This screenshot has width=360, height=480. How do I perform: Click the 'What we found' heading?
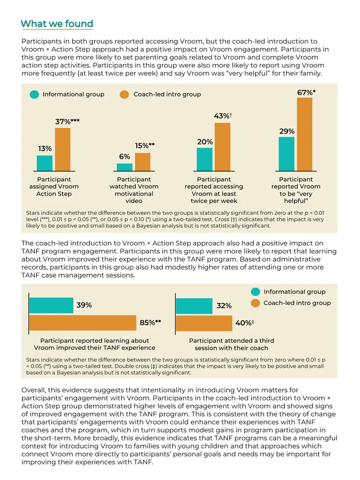pyautogui.click(x=57, y=23)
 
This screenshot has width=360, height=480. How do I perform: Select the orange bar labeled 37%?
pyautogui.click(x=63, y=149)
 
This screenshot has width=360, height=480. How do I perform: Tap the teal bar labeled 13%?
pyautogui.click(x=45, y=163)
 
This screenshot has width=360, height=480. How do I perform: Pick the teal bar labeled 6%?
pyautogui.click(x=125, y=167)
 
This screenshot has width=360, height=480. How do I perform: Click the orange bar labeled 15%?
pyautogui.click(x=143, y=162)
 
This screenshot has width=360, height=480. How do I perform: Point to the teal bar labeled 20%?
pyautogui.click(x=205, y=159)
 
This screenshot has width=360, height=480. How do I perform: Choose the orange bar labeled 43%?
pyautogui.click(x=222, y=147)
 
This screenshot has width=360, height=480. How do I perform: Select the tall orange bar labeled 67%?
pyautogui.click(x=305, y=134)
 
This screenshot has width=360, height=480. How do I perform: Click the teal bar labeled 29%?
pyautogui.click(x=287, y=154)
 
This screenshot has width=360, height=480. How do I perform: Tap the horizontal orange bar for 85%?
pyautogui.click(x=83, y=323)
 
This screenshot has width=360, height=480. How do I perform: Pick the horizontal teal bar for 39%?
pyautogui.click(x=51, y=305)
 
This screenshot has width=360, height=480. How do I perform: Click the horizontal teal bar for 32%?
pyautogui.click(x=194, y=306)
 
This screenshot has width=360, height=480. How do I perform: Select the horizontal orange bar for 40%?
pyautogui.click(x=204, y=323)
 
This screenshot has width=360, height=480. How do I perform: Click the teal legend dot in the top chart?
pyautogui.click(x=34, y=94)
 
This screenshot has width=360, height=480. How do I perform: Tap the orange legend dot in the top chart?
pyautogui.click(x=124, y=94)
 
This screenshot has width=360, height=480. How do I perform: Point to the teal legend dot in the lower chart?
pyautogui.click(x=256, y=292)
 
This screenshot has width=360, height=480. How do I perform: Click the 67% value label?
pyautogui.click(x=306, y=92)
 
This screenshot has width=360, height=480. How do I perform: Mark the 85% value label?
pyautogui.click(x=150, y=323)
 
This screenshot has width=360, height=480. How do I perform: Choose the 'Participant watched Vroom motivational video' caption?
pyautogui.click(x=134, y=190)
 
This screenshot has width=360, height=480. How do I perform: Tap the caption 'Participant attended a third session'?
pyautogui.click(x=232, y=344)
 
